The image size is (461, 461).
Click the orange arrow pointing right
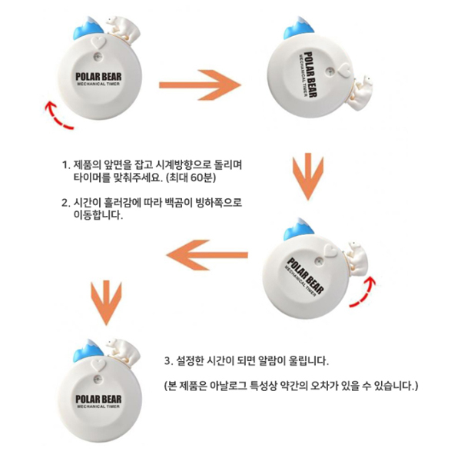click(x=200, y=85)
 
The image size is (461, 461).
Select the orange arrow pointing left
click(x=207, y=255)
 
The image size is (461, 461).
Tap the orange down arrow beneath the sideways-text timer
click(x=308, y=177)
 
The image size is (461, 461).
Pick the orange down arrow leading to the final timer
click(x=106, y=302)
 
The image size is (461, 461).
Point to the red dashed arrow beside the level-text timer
click(x=56, y=118)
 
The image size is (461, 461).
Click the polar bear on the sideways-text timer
click(x=360, y=93)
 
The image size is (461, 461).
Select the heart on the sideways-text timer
click(x=343, y=71)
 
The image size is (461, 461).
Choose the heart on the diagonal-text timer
click(x=330, y=250)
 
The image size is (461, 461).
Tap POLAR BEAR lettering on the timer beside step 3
click(x=98, y=400)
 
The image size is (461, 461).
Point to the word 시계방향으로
click(x=181, y=164)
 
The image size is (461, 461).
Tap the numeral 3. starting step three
click(x=167, y=361)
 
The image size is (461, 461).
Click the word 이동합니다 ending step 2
click(x=98, y=215)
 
